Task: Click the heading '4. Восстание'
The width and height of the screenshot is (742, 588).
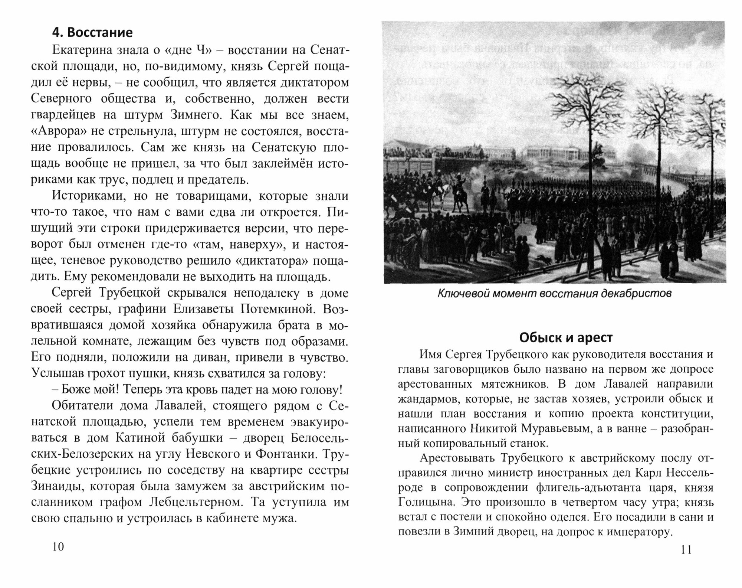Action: point(92,33)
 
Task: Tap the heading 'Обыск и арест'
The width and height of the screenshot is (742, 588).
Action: point(565,338)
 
